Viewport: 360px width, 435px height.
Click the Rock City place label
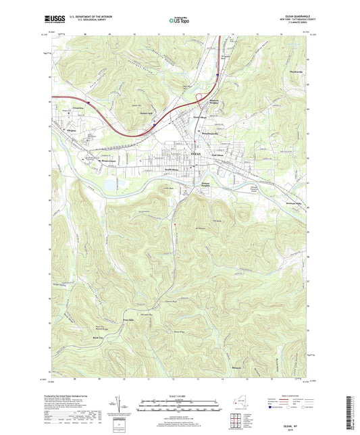(79, 334)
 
